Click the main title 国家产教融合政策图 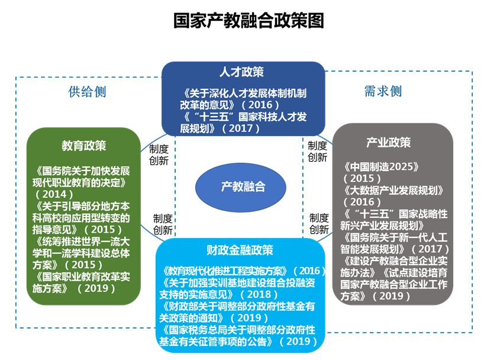click(249, 20)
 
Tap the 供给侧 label click(88, 91)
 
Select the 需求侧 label click(383, 91)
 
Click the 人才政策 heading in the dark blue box click(241, 72)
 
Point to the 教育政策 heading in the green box click(83, 146)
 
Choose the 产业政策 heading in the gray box click(388, 143)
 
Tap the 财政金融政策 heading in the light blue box click(240, 250)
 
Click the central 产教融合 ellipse click(241, 187)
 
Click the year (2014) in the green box click(54, 194)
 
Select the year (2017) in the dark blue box click(241, 128)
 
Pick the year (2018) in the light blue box click(259, 294)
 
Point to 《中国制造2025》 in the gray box click(381, 167)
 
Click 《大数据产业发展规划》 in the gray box click(393, 190)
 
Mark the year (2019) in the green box click(96, 288)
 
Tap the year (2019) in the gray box click(391, 296)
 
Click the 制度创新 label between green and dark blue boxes click(159, 155)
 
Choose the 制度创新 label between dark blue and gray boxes click(317, 152)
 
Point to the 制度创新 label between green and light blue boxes click(163, 224)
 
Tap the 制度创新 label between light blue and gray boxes click(319, 224)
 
